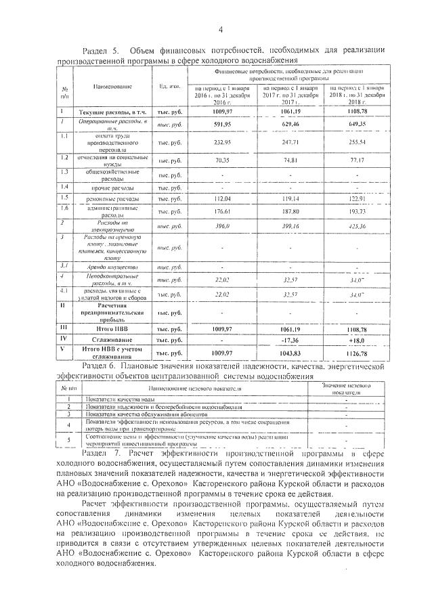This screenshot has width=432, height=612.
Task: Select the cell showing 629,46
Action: point(289,125)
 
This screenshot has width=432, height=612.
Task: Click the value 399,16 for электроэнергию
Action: point(289,225)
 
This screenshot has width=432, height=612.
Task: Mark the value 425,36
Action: point(357,225)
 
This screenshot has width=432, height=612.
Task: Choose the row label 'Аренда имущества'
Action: point(112,267)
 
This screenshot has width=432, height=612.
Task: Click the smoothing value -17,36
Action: point(289,339)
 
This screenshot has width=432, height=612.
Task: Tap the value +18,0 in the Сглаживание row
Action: point(357,339)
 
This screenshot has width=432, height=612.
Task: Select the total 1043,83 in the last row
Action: point(289,353)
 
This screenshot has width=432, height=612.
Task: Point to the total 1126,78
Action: point(357,353)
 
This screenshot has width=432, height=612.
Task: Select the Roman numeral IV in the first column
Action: point(62,338)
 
